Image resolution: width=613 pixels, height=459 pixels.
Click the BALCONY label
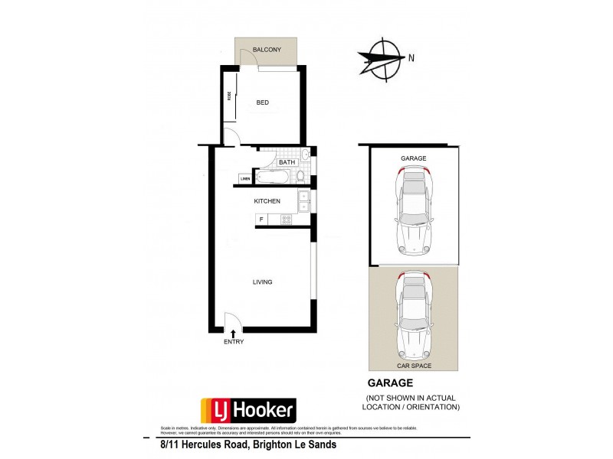pos(267,50)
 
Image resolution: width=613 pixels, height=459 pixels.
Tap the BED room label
pos(262,103)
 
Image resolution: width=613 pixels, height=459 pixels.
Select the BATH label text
pos(287,162)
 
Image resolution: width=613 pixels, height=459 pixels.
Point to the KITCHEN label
pos(267,201)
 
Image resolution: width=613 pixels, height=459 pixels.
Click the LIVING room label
pos(262,282)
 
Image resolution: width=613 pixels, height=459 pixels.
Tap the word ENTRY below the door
pos(234,342)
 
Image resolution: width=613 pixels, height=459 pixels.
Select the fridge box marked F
pos(262,220)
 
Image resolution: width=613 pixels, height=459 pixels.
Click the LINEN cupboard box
pos(245,180)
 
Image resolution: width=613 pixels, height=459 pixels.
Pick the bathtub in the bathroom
pos(273,177)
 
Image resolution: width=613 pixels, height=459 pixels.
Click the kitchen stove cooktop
pos(287,220)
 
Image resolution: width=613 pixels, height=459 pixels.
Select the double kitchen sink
pos(303,201)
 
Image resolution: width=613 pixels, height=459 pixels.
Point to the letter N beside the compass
pos(411,58)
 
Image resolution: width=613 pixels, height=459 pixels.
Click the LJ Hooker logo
pos(247,409)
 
